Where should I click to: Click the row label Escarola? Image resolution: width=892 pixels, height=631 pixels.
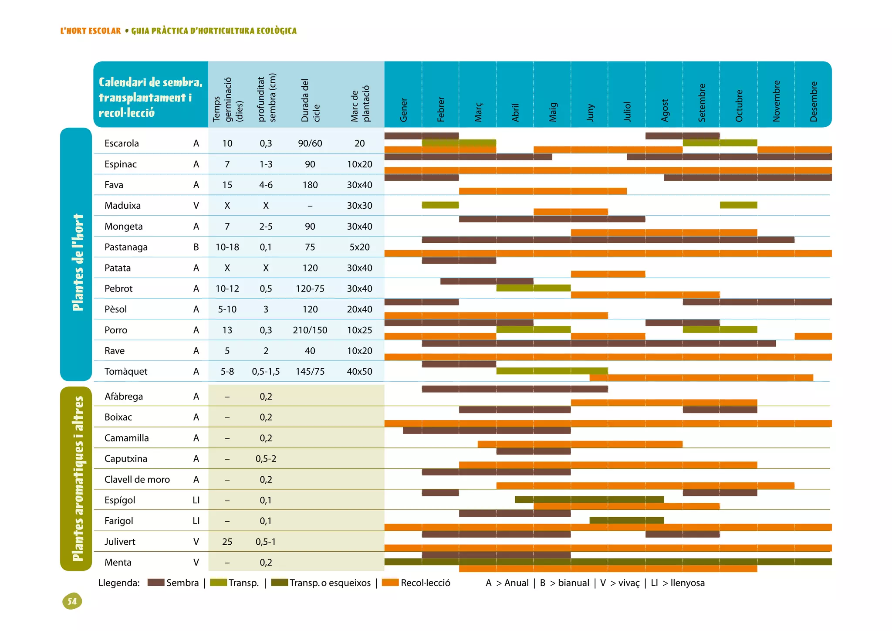tap(122, 143)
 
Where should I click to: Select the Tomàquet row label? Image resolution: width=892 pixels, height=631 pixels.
tap(126, 371)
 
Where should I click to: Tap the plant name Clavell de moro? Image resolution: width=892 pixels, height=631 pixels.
tap(137, 479)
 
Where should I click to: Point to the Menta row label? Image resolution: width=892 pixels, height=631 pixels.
tap(118, 562)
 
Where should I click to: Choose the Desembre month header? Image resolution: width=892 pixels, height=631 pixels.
tap(814, 102)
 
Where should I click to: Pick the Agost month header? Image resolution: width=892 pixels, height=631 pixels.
tap(665, 110)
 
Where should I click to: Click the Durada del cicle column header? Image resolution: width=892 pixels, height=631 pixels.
tap(311, 101)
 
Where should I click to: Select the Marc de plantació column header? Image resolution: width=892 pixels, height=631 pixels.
tap(360, 104)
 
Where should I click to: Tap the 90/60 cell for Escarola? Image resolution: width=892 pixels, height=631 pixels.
tap(310, 143)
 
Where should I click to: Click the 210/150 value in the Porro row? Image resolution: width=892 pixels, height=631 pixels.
tap(310, 330)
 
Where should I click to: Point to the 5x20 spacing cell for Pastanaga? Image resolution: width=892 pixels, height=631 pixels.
tap(359, 247)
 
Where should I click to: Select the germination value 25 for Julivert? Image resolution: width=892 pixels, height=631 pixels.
tap(227, 542)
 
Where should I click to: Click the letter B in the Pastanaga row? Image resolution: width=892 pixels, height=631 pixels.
tap(196, 247)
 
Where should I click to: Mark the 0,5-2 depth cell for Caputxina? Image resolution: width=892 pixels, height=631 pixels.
tap(266, 458)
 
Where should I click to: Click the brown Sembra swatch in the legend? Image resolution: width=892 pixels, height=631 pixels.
tap(156, 583)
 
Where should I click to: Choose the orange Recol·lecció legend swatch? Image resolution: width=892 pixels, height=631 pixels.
tap(390, 583)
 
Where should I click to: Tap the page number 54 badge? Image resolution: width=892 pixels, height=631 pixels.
tap(72, 601)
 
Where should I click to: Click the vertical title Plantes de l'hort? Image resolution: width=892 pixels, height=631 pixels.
tap(78, 262)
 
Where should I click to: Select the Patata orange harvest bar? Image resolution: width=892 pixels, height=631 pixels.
tap(608, 274)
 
